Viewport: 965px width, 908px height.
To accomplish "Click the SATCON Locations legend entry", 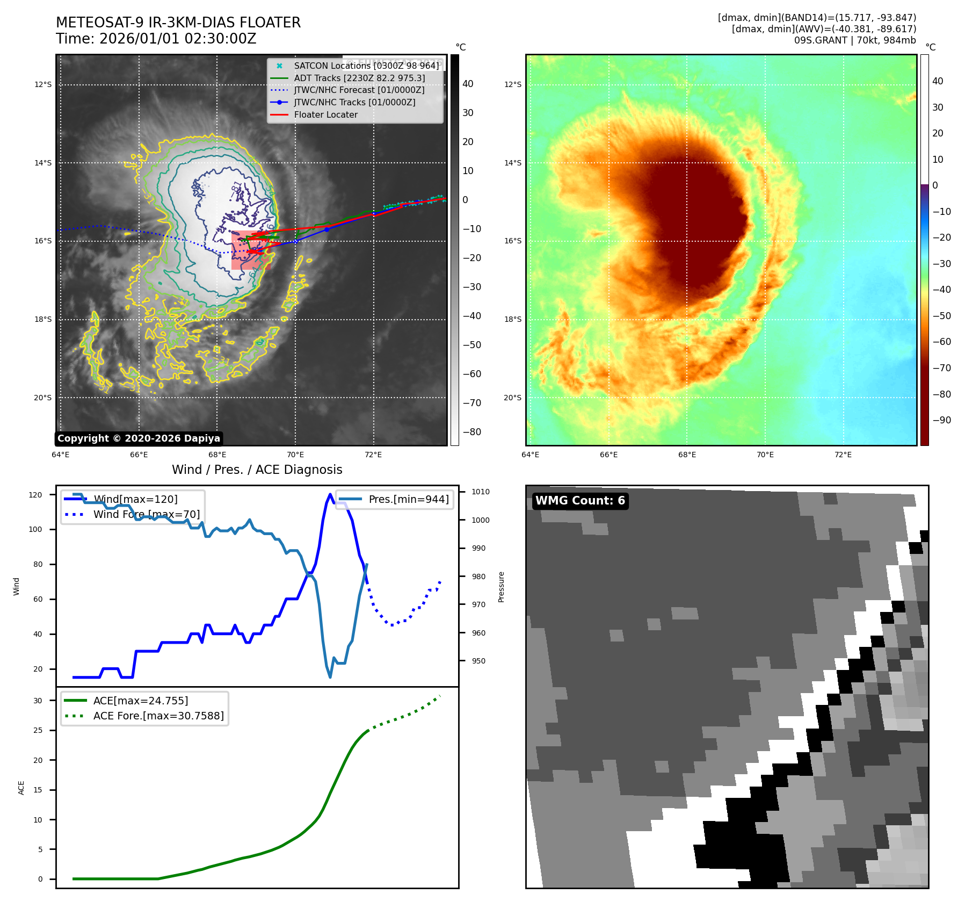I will (366, 66).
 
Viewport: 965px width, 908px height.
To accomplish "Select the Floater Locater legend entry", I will (325, 114).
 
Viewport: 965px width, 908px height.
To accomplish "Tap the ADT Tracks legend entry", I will (359, 78).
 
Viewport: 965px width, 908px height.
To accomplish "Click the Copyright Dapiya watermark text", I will (139, 438).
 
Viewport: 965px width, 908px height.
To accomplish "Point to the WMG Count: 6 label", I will (580, 501).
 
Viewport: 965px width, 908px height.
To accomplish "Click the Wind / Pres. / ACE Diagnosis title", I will (257, 470).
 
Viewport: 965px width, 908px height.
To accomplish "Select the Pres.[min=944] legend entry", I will (408, 499).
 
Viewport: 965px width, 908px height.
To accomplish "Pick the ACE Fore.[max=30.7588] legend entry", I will (158, 716).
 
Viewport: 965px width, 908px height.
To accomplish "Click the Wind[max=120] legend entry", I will (135, 499).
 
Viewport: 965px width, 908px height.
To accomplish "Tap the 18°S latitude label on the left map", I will (43, 319).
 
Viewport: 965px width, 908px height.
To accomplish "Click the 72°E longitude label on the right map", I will (843, 455).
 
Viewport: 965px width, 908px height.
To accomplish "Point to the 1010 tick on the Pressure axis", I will (480, 492).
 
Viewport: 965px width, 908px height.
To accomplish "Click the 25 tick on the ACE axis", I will (38, 730).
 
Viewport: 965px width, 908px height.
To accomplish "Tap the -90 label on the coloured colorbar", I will (941, 420).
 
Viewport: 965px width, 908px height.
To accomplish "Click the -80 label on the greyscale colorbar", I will (471, 432).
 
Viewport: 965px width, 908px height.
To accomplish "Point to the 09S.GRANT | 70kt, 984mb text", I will (855, 40).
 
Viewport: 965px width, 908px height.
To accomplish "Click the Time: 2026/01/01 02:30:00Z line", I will (156, 39).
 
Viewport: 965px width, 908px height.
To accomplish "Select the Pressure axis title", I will (501, 587).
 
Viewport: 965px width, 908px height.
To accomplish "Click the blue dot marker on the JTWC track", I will (326, 229).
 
